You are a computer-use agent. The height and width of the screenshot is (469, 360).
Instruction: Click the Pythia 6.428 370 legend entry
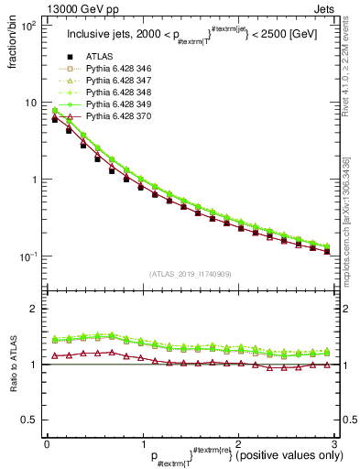pyautogui.click(x=117, y=118)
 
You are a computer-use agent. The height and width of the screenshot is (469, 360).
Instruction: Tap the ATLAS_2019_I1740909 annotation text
pyautogui.click(x=191, y=274)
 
